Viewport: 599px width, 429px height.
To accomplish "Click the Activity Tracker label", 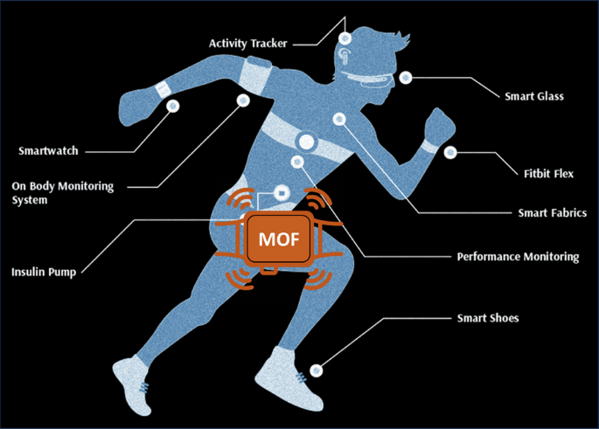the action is coord(248,43).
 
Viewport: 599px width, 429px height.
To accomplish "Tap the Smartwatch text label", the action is coord(48,151).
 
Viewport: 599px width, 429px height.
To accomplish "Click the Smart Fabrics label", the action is coord(552,212).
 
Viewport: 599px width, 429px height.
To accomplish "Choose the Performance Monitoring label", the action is coord(518,257).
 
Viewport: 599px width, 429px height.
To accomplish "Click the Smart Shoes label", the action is coord(488,318).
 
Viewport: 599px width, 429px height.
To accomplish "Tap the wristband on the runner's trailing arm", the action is coord(163,89).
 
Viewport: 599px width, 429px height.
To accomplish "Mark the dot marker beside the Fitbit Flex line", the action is coord(450,152).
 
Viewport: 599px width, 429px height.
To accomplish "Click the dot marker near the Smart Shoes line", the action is coord(318,369).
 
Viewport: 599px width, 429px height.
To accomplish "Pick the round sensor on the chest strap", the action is coord(306,140).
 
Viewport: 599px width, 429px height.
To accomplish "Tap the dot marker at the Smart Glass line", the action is coord(406,77).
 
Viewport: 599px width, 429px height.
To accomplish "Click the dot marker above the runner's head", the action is coord(345,38).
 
